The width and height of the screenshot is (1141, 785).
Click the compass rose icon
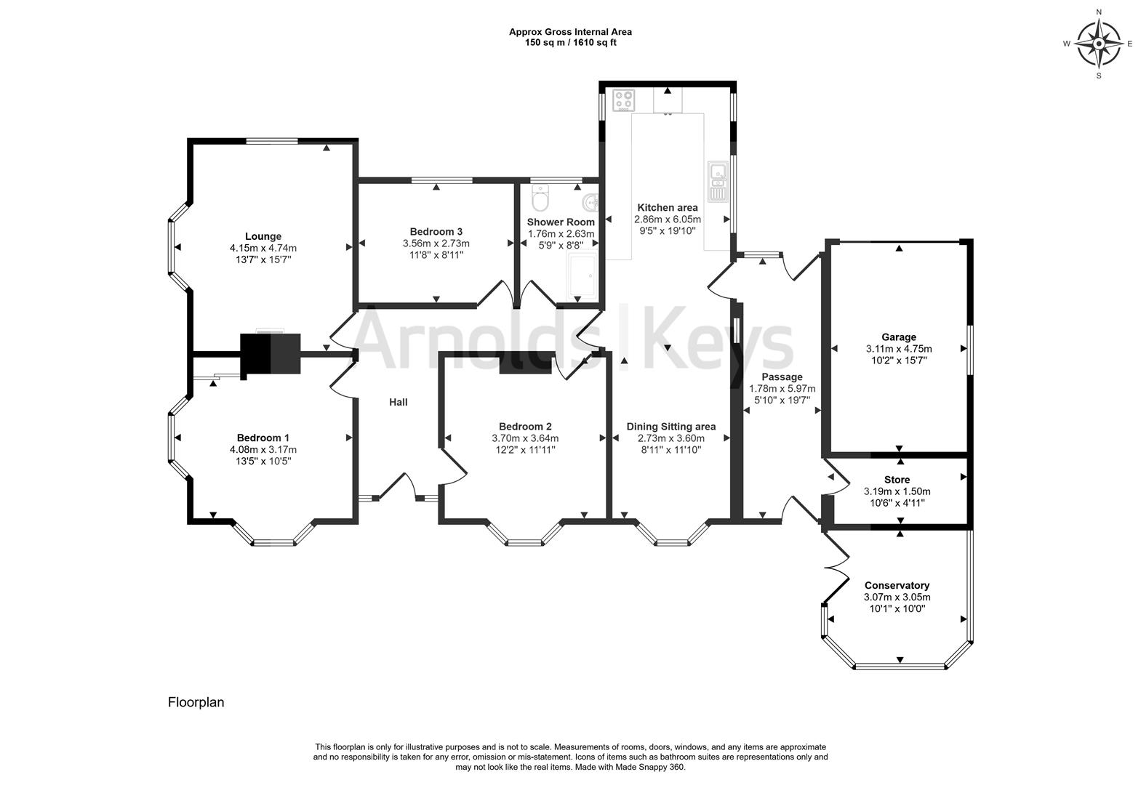[1099, 43]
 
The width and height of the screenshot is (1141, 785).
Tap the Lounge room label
[263, 236]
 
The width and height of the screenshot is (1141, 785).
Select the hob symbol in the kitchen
[623, 100]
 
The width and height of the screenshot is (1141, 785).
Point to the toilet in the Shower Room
[540, 197]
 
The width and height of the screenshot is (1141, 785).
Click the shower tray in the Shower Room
[584, 276]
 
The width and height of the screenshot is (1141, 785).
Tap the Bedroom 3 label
[436, 232]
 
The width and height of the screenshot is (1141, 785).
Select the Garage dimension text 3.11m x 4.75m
[899, 349]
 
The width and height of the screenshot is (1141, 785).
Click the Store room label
[897, 480]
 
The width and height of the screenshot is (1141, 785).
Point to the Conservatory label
[897, 585]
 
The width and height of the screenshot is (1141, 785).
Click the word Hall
[398, 402]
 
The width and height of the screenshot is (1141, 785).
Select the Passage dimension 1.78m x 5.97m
[782, 389]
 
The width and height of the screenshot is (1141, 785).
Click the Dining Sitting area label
[670, 427]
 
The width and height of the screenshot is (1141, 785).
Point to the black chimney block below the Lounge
[271, 354]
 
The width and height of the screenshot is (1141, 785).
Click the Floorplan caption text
[196, 702]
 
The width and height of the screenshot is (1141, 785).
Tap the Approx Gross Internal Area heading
[570, 32]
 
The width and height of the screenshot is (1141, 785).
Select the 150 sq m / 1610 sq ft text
[570, 43]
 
